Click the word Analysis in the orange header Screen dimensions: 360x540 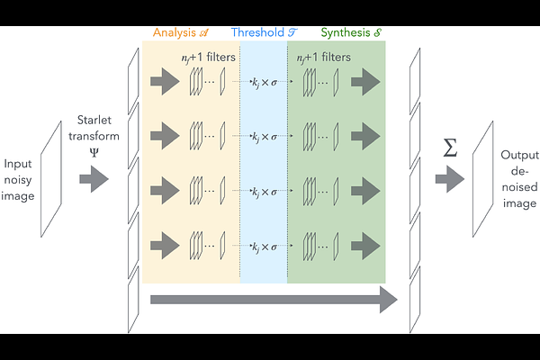(174, 32)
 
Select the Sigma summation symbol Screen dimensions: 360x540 (451, 148)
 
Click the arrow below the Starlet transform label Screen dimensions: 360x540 (94, 179)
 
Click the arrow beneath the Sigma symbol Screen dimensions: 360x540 (449, 179)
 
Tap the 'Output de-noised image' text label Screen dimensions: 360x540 (518, 179)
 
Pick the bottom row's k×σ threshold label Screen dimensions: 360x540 (264, 243)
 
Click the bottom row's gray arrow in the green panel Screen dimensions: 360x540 (368, 243)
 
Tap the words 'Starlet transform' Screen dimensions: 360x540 (94, 128)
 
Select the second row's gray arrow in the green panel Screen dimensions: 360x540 (368, 137)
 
